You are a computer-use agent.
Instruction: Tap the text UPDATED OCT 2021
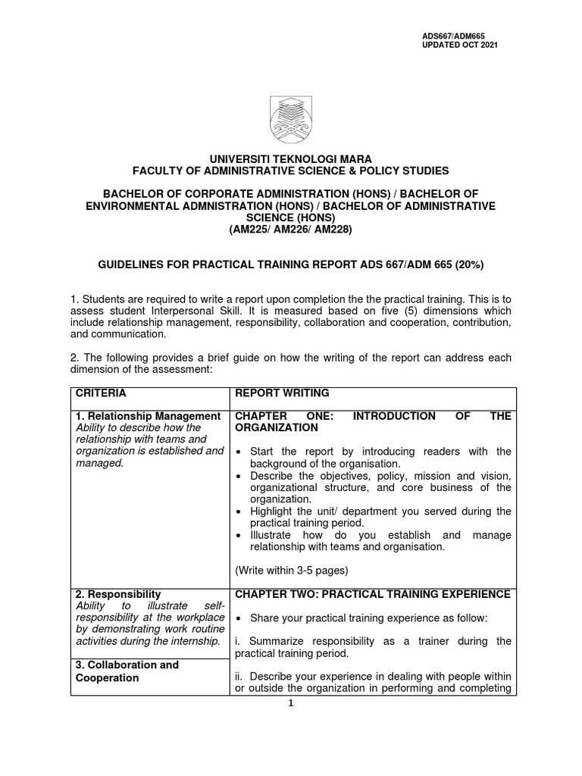[460, 45]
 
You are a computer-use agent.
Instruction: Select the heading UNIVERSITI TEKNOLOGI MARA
[291, 159]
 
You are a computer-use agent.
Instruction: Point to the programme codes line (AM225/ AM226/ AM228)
[291, 230]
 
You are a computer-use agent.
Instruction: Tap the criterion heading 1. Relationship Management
[148, 416]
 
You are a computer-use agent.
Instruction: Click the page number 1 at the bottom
[292, 703]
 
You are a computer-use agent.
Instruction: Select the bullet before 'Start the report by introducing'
[239, 452]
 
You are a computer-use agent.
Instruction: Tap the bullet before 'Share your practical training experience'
[239, 618]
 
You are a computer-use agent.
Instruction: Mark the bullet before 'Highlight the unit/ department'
[239, 512]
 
